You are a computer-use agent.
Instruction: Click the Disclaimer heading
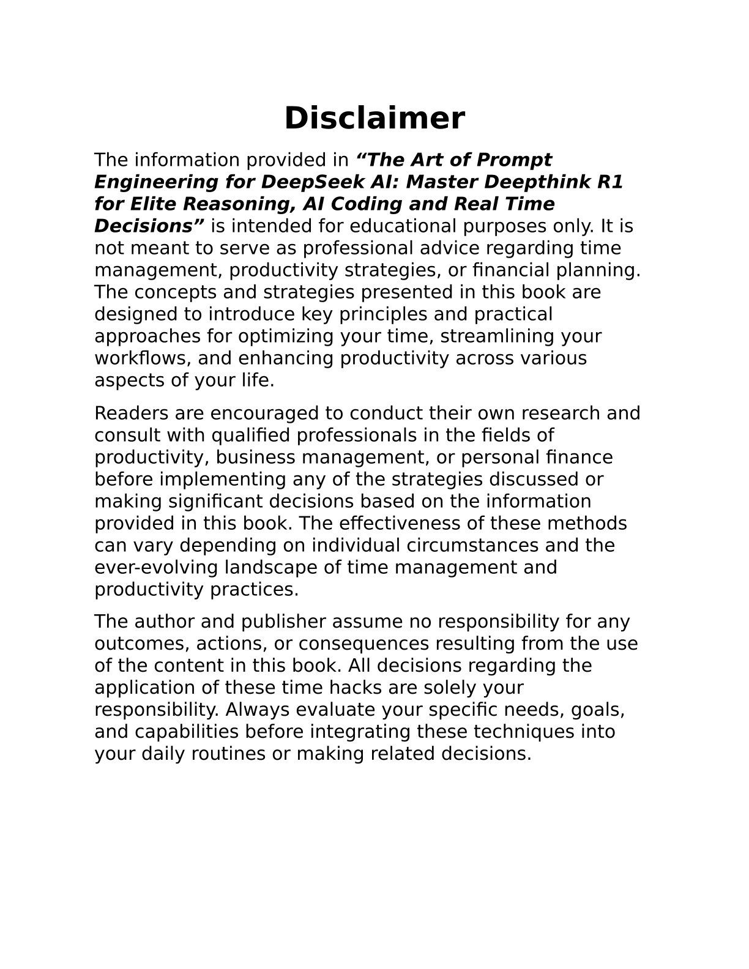click(x=374, y=118)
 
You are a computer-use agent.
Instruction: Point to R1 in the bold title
click(x=609, y=182)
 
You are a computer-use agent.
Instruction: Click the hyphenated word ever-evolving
click(x=156, y=568)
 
